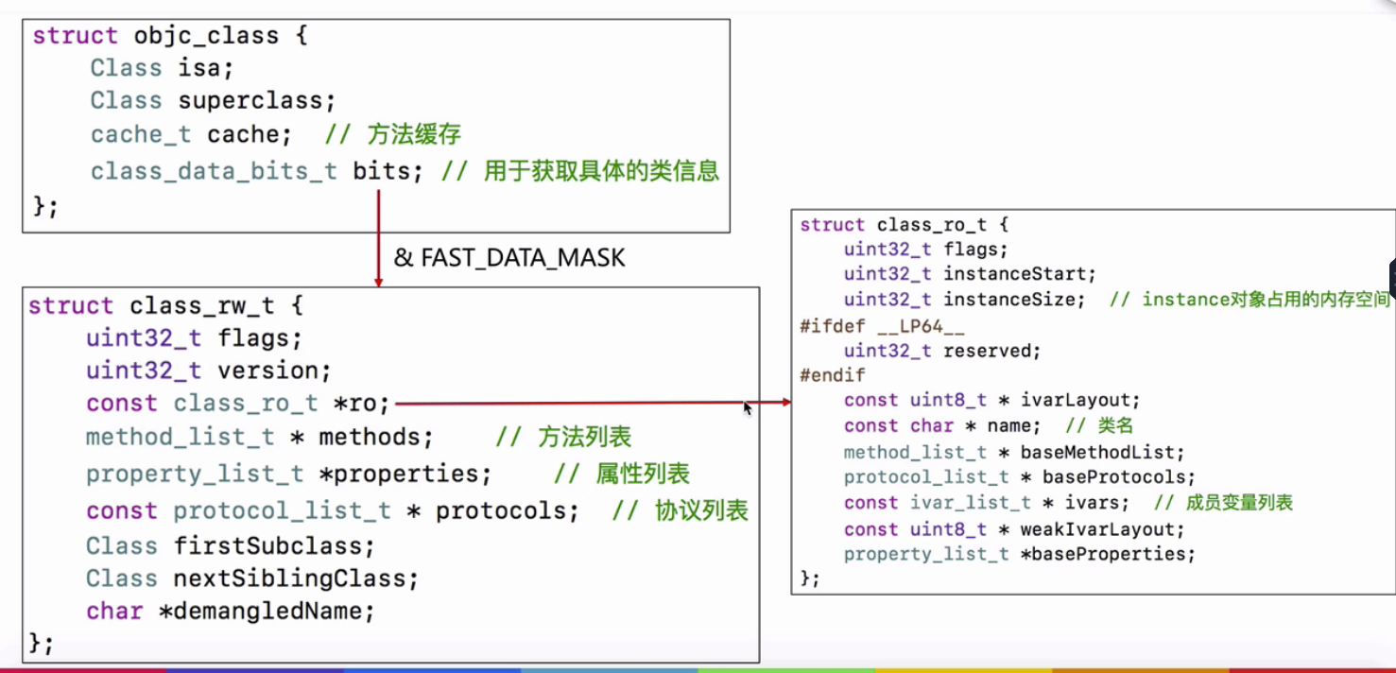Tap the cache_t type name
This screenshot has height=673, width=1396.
[x=141, y=134]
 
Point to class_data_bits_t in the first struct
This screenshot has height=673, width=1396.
[x=214, y=171]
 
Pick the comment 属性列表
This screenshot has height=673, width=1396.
[x=643, y=474]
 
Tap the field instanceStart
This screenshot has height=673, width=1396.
[x=1020, y=274]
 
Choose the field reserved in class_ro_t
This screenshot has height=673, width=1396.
[x=991, y=351]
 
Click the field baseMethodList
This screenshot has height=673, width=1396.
[x=1102, y=453]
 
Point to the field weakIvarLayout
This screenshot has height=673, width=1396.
[x=1102, y=529]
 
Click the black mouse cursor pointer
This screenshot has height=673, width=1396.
[x=748, y=407]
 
